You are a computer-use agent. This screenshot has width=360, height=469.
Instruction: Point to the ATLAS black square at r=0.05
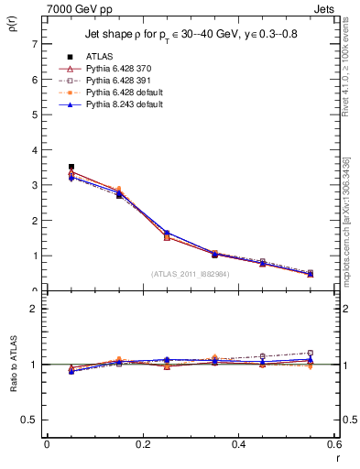tap(71, 167)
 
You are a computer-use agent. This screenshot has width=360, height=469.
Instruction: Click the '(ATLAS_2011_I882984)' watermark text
tap(191, 274)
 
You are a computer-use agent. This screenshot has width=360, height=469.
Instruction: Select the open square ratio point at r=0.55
tap(311, 353)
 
